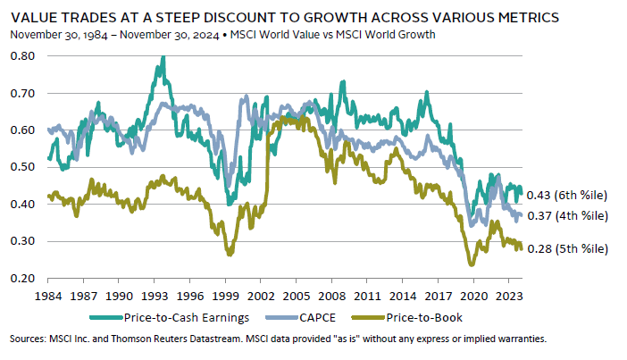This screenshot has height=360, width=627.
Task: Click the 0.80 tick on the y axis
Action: click(24, 56)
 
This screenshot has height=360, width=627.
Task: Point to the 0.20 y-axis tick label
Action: click(24, 279)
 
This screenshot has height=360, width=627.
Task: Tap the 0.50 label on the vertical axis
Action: click(24, 167)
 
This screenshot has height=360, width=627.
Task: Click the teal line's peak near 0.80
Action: click(163, 58)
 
